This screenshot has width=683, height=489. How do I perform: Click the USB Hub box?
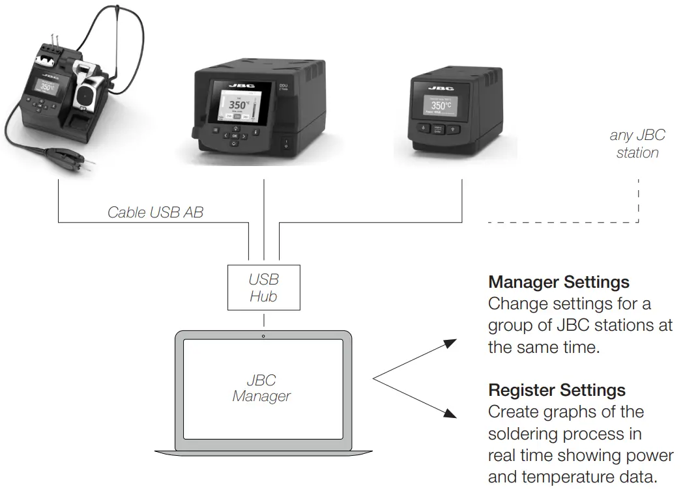tap(263, 287)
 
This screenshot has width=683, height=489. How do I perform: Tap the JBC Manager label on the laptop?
tap(261, 387)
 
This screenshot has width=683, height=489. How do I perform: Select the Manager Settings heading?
tap(559, 282)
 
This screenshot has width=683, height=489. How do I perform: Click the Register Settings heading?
tap(557, 390)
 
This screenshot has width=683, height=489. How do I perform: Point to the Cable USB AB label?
tap(155, 212)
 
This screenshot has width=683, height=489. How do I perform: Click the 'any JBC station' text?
tap(637, 144)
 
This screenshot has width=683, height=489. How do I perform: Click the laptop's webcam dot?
tap(263, 336)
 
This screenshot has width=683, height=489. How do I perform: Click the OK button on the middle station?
tap(235, 136)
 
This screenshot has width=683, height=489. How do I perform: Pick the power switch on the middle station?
tap(285, 143)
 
